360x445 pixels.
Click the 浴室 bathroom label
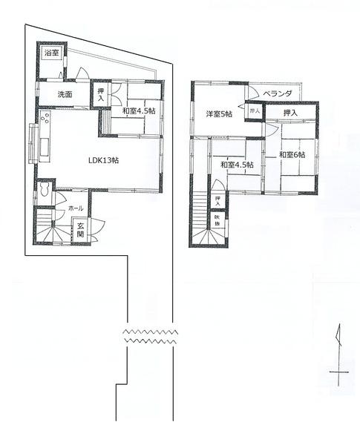[50, 54]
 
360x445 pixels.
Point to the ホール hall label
[76, 209]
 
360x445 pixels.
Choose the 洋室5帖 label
[219, 113]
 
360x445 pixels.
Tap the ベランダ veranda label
[281, 93]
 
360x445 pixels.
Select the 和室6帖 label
[293, 154]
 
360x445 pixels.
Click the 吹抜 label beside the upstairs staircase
[218, 220]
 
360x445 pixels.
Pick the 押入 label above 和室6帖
[290, 113]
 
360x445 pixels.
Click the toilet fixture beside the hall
[45, 192]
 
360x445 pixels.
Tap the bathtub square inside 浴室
[50, 67]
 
